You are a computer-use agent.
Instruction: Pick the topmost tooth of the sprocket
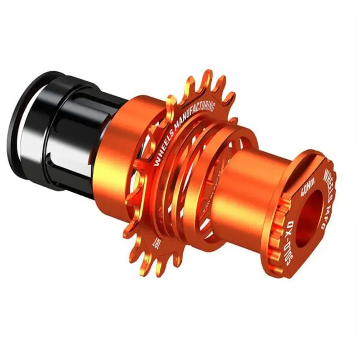(x=207, y=76)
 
